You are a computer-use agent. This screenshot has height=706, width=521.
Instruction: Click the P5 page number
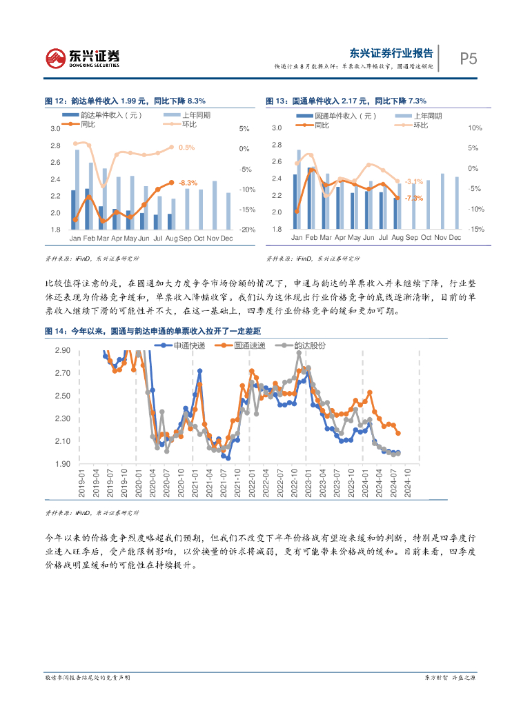[469, 59]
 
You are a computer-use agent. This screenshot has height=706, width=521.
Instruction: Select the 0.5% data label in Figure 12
[186, 148]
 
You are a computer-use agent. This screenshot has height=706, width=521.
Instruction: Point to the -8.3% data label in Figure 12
[188, 183]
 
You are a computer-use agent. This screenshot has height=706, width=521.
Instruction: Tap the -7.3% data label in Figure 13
[414, 198]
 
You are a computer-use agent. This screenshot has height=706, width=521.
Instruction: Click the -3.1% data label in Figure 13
[414, 181]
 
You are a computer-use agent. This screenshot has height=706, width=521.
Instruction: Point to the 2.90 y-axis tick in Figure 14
[63, 351]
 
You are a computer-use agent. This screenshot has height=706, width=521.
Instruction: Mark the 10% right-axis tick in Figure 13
[473, 128]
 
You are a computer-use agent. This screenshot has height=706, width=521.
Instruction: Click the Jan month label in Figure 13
[297, 237]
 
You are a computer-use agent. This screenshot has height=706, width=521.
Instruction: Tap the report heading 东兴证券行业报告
[391, 53]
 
